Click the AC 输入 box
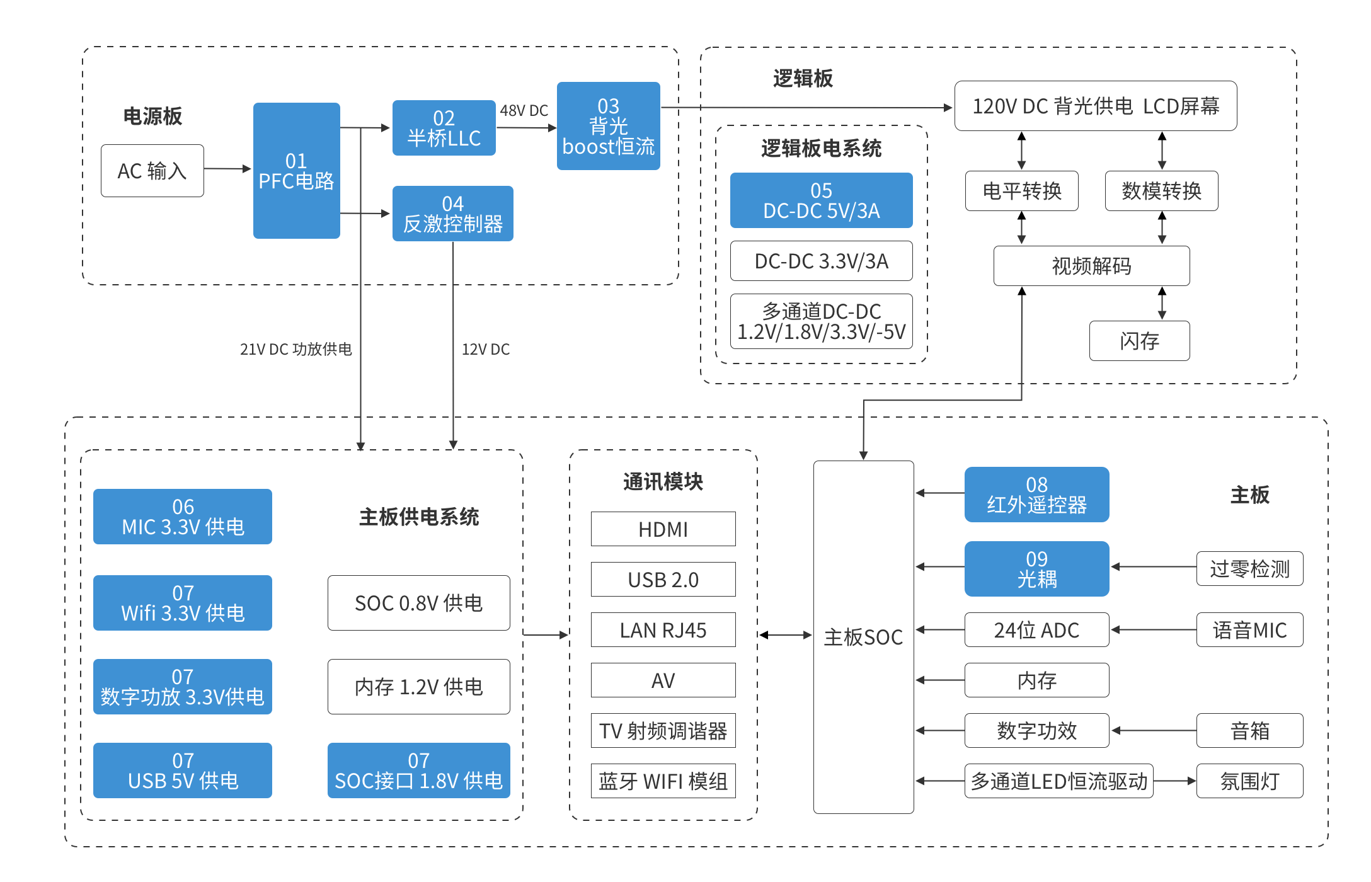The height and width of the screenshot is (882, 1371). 152,171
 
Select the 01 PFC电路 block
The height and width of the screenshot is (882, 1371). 296,171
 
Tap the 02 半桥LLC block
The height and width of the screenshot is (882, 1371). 444,128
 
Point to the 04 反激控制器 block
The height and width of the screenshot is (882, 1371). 452,214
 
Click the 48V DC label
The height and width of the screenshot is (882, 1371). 524,111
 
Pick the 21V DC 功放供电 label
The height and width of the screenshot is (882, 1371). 295,349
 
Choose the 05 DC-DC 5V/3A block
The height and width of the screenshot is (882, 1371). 821,200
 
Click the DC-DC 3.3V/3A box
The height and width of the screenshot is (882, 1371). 821,261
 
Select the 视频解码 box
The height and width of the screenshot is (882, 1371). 1091,266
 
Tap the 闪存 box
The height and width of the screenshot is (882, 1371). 1139,341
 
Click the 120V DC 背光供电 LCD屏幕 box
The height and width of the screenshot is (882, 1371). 1096,106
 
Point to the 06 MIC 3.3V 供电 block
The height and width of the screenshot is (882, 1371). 183,517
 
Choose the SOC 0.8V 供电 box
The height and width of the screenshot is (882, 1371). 418,603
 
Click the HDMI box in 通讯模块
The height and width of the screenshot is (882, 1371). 663,529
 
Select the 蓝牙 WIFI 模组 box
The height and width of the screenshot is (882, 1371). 663,781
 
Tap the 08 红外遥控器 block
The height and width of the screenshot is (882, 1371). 1036,495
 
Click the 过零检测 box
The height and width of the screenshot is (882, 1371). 1249,569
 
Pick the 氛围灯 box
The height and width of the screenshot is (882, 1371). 1249,781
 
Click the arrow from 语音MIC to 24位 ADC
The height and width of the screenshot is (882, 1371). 1154,629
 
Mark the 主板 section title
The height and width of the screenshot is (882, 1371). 1250,495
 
